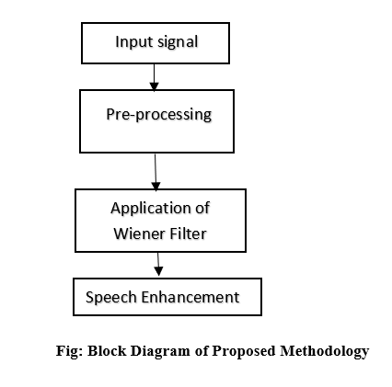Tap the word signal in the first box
pos(178,42)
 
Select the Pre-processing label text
pos(159,115)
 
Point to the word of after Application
pos(202,208)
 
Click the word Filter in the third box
pos(189,233)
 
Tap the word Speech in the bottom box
pos(111,298)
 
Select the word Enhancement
pos(190,297)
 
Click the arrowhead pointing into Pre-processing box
pos(154,86)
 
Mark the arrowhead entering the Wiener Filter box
pos(156,186)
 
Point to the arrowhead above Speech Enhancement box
pos(158,271)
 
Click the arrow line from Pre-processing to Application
pos(156,172)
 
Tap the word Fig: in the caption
pos(69,351)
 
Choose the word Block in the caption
pos(107,350)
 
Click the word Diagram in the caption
pos(160,351)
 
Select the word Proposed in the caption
pos(244,351)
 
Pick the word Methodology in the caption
pos(325,351)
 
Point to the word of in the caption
pos(202,350)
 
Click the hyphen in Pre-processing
pos(133,117)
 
